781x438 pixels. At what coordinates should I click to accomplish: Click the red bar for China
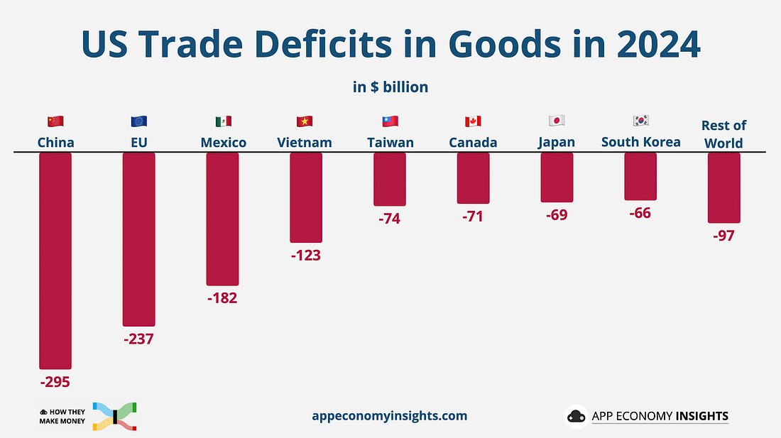[55, 261]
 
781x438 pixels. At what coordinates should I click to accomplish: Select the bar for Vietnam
[306, 197]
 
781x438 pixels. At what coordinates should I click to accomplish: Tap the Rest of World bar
[723, 187]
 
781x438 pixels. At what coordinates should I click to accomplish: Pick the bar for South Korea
[640, 176]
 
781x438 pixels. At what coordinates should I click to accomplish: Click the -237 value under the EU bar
[138, 339]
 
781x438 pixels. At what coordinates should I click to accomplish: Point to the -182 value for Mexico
[222, 298]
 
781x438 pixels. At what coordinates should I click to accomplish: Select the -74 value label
[390, 219]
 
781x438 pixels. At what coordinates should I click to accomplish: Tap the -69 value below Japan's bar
[557, 215]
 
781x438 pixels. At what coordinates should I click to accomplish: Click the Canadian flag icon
[473, 121]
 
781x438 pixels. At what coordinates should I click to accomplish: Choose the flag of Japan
[557, 121]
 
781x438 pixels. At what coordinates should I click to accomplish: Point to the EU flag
[139, 121]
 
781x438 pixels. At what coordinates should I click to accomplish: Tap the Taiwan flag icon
[390, 121]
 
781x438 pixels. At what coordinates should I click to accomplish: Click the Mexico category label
[223, 143]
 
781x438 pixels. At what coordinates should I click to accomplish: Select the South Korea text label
[640, 142]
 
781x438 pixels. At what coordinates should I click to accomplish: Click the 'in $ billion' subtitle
[390, 87]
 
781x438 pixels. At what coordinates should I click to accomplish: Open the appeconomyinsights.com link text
[390, 416]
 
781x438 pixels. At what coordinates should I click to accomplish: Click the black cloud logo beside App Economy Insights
[577, 416]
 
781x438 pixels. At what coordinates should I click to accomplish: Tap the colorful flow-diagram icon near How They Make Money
[115, 417]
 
